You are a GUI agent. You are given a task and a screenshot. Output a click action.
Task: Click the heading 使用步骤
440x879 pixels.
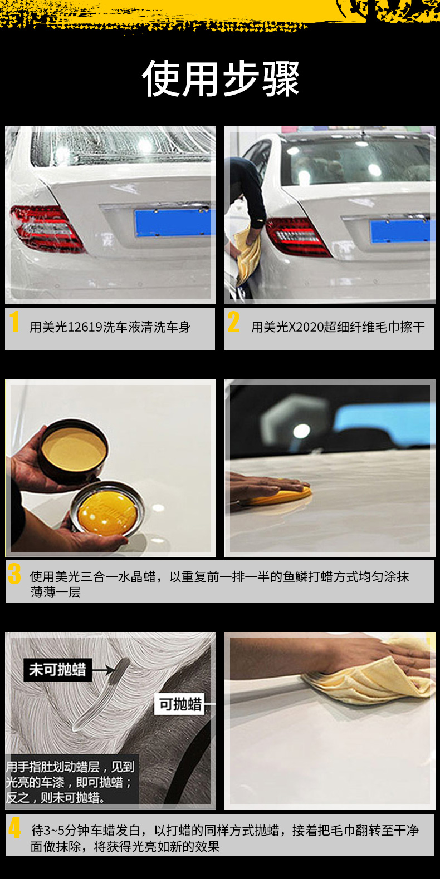click(221, 78)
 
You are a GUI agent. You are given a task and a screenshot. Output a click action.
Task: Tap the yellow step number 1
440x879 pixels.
click(15, 322)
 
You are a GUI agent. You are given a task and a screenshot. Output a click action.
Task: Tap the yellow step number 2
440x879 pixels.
click(233, 322)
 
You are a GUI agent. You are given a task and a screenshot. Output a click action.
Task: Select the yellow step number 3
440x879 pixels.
click(14, 574)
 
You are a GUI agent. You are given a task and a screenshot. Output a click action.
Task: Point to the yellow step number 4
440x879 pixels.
click(14, 827)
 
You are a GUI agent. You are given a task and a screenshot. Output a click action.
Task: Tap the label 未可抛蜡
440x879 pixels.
click(58, 669)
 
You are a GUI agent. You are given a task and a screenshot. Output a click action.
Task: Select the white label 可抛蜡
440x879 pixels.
click(180, 704)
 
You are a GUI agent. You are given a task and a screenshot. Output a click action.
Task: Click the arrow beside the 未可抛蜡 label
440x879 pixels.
click(103, 669)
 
